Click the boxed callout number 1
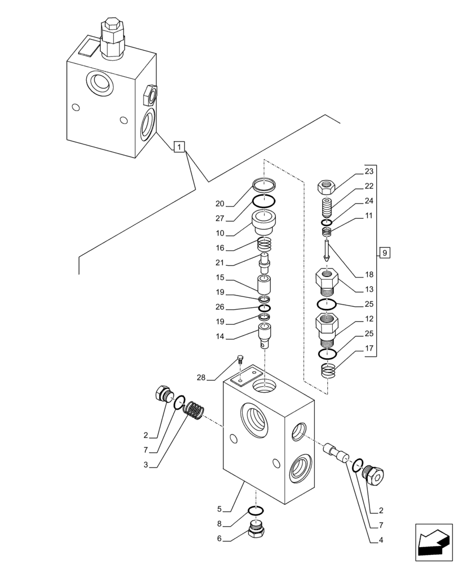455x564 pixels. pyautogui.click(x=179, y=148)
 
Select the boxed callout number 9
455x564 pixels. pyautogui.click(x=383, y=253)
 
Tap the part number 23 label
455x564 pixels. pyautogui.click(x=369, y=171)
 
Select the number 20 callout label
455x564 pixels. pyautogui.click(x=220, y=204)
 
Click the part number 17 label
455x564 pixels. pyautogui.click(x=369, y=348)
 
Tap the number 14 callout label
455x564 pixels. pyautogui.click(x=220, y=336)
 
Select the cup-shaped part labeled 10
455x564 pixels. pyautogui.click(x=264, y=222)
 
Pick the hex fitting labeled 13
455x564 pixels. pyautogui.click(x=327, y=282)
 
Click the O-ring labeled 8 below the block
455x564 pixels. pyautogui.click(x=256, y=512)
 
